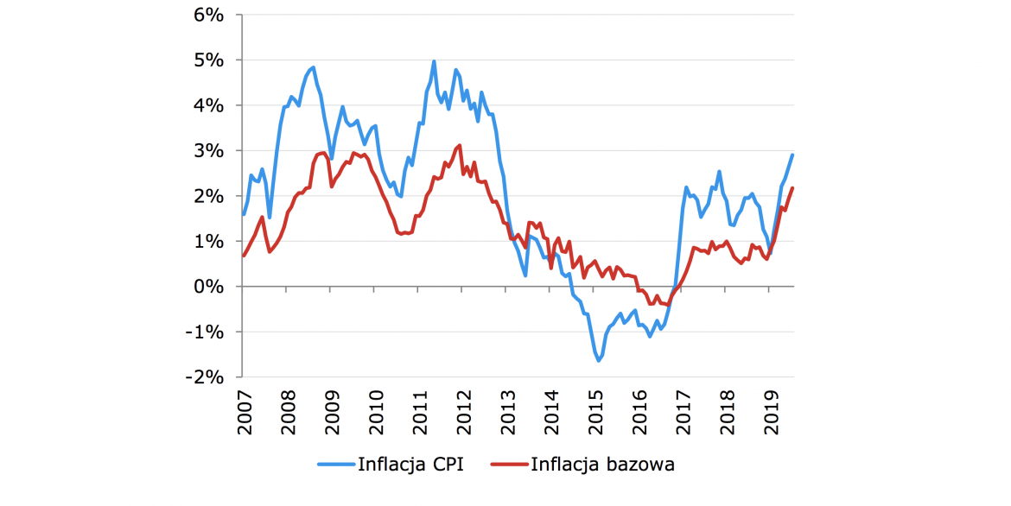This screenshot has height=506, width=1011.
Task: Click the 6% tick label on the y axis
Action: [x=208, y=15]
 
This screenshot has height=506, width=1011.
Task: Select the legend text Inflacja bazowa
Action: [x=603, y=465]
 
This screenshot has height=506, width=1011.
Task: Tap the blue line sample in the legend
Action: [x=335, y=465]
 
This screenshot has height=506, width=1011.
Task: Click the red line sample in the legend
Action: [x=507, y=465]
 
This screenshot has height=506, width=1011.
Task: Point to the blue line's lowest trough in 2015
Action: [x=599, y=360]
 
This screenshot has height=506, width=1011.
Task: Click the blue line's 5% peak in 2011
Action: [x=434, y=61]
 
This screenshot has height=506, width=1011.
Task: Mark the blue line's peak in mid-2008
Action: [x=313, y=66]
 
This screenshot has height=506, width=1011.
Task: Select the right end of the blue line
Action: [x=793, y=155]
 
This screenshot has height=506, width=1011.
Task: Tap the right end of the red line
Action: [x=793, y=188]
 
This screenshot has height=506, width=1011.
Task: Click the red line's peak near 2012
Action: [x=460, y=145]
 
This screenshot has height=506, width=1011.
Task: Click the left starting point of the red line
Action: [x=244, y=256]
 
